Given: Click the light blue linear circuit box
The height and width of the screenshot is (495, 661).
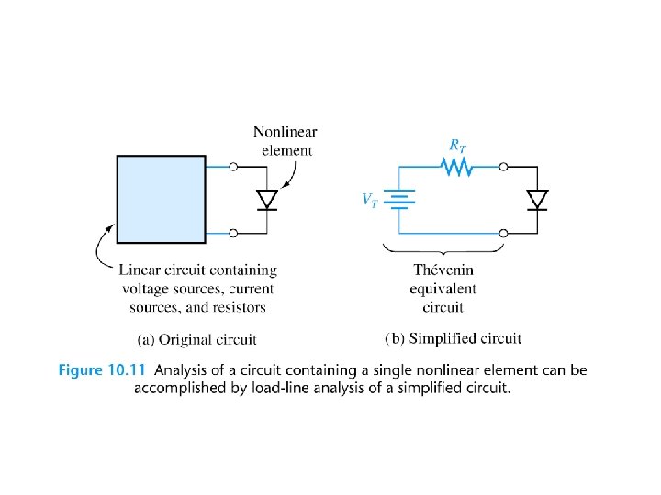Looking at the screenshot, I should pyautogui.click(x=161, y=198).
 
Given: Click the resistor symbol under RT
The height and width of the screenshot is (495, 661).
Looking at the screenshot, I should pyautogui.click(x=455, y=167).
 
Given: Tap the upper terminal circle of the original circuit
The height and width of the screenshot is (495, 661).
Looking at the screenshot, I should pyautogui.click(x=233, y=167).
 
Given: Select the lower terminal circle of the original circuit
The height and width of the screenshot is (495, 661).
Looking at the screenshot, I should pyautogui.click(x=233, y=234).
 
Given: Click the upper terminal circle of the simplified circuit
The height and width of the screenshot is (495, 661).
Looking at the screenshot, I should pyautogui.click(x=503, y=167).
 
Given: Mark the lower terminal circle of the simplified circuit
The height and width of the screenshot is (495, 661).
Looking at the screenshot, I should pyautogui.click(x=503, y=234).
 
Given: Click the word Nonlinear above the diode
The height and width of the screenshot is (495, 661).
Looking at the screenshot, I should pyautogui.click(x=286, y=133).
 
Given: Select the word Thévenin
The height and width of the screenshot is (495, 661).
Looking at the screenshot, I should pyautogui.click(x=443, y=270).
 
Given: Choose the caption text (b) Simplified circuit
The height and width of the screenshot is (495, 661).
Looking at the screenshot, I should pyautogui.click(x=453, y=338).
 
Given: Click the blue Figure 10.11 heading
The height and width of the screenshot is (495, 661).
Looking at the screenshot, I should pyautogui.click(x=104, y=370).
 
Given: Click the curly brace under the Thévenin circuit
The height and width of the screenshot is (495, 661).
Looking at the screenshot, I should pyautogui.click(x=444, y=249).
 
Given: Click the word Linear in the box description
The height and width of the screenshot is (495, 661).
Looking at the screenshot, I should pyautogui.click(x=140, y=269).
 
